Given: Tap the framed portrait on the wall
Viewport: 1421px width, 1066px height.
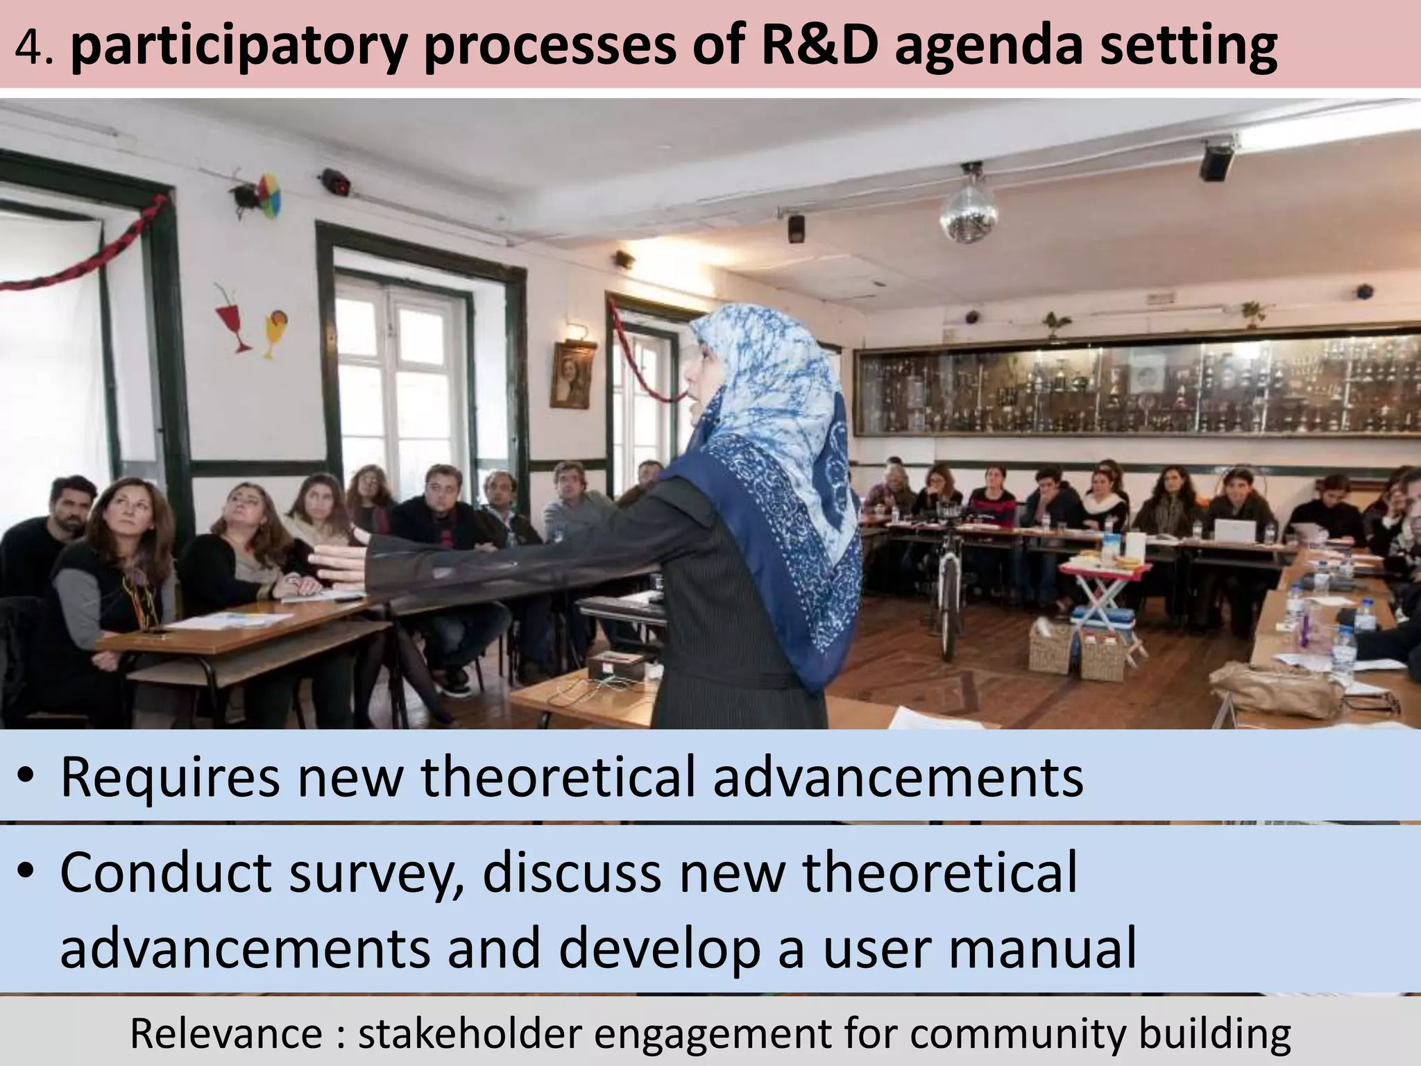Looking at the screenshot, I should pyautogui.click(x=572, y=375).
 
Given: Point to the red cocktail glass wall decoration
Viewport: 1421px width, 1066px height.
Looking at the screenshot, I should pyautogui.click(x=234, y=319).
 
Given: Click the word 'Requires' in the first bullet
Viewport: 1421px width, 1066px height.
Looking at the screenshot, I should pyautogui.click(x=170, y=778).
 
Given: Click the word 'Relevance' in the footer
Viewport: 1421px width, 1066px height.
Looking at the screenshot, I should pyautogui.click(x=225, y=1033).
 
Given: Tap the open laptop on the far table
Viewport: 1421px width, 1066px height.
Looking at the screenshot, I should pyautogui.click(x=1235, y=529).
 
